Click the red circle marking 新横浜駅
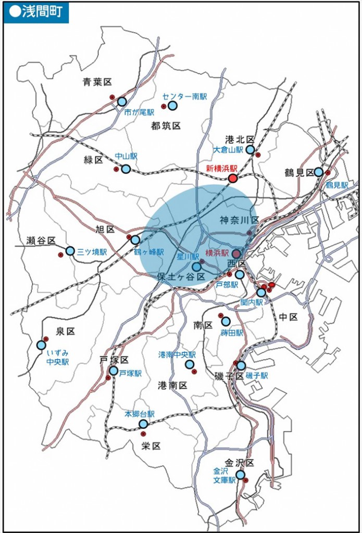coord(233,179)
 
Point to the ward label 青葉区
coord(97,82)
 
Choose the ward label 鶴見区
coord(298,172)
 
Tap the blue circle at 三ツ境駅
coord(70,251)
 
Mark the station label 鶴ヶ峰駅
coord(148,251)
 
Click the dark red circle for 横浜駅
coord(236,253)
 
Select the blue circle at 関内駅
coord(261,293)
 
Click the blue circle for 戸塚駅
coord(114,371)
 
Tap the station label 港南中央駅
coord(177,354)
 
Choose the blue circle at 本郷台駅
coord(143,424)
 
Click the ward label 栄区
coord(151,446)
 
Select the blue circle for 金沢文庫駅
coord(240,475)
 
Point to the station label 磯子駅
coord(257,376)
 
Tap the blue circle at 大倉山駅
coord(250,150)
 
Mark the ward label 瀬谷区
coord(41,240)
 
